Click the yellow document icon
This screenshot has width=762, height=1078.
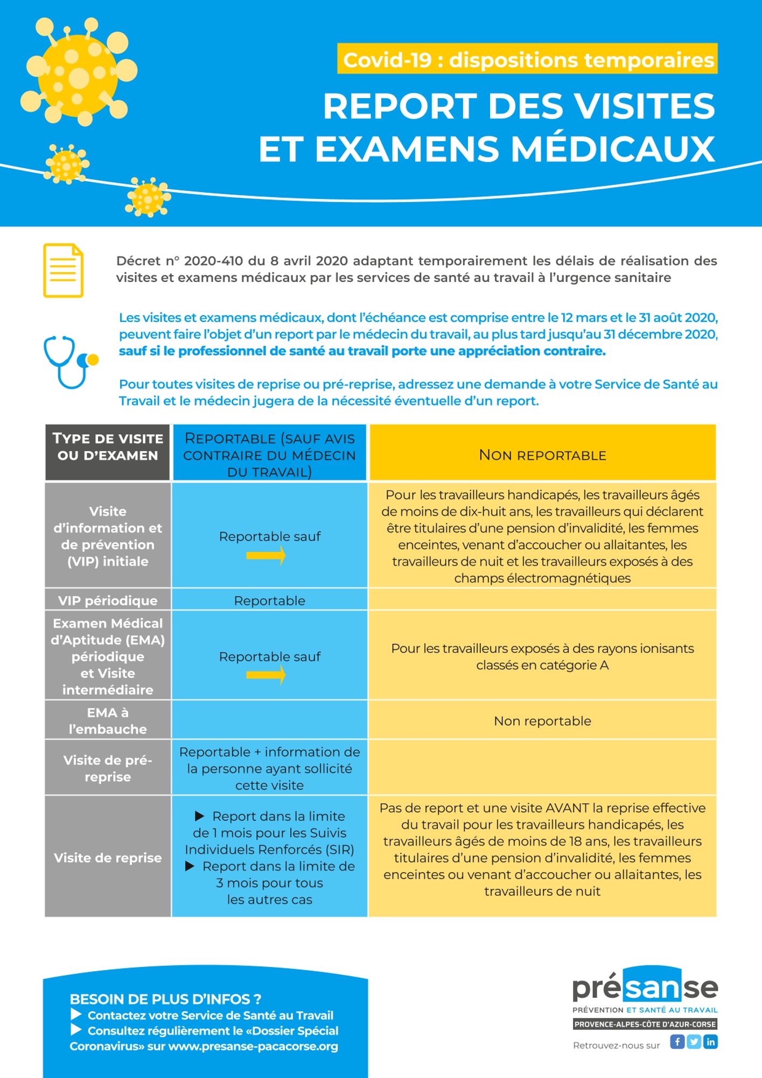[63, 271]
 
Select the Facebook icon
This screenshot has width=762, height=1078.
[677, 1041]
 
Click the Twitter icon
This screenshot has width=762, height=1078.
[694, 1041]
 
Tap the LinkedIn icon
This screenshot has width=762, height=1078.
[711, 1041]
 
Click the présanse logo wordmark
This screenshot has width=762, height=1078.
[645, 987]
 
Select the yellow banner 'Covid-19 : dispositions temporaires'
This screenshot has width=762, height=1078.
[527, 59]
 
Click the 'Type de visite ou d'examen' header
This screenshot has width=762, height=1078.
[108, 447]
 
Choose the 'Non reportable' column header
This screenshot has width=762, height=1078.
[542, 455]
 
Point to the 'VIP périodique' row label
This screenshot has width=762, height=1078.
[108, 600]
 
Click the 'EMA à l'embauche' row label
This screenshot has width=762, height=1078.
[108, 721]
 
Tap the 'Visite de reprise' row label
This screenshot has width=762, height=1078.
[108, 858]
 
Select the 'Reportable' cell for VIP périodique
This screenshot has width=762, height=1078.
[269, 600]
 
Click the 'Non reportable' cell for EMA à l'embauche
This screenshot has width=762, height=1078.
[542, 721]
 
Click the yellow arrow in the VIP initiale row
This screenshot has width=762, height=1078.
[266, 556]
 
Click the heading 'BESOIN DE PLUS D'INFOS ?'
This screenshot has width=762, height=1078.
[165, 999]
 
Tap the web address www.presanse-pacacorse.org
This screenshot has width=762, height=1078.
[253, 1046]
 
